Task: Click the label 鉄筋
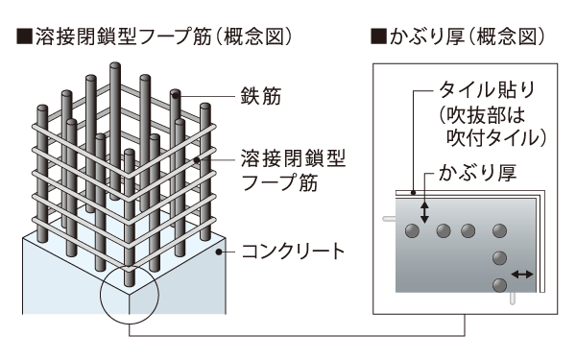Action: [x=253, y=97]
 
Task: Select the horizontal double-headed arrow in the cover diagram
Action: [x=523, y=275]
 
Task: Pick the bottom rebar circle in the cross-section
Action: [x=498, y=285]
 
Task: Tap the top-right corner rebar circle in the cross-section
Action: [x=498, y=230]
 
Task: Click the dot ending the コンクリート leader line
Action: [x=220, y=252]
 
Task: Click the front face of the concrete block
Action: [x=67, y=278]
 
